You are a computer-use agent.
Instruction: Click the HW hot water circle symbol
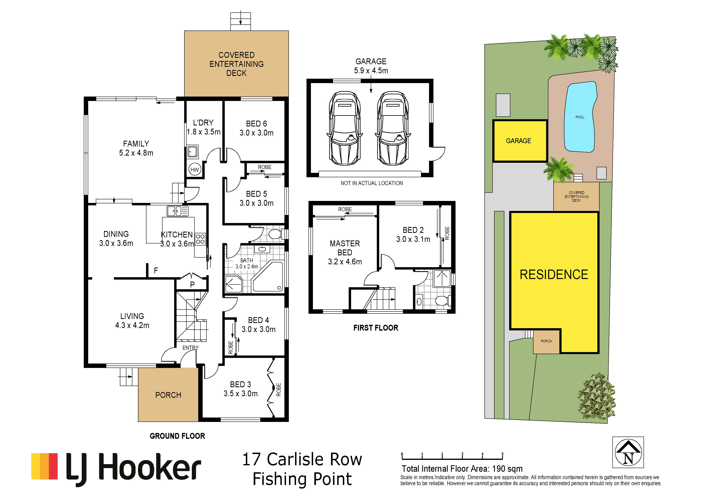pyautogui.click(x=195, y=169)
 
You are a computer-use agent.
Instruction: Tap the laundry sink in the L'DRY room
pyautogui.click(x=193, y=152)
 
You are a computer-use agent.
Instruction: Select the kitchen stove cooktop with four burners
pyautogui.click(x=200, y=239)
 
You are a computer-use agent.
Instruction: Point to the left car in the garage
pyautogui.click(x=344, y=128)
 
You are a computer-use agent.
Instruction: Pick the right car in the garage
pyautogui.click(x=393, y=128)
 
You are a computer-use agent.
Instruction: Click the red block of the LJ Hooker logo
pyautogui.click(x=53, y=466)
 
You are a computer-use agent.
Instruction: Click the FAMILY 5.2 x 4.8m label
pyautogui.click(x=136, y=148)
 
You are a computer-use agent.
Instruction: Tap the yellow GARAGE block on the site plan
pyautogui.click(x=520, y=141)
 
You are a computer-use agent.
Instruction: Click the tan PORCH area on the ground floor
pyautogui.click(x=168, y=395)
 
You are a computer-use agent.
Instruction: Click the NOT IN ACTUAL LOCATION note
pyautogui.click(x=372, y=183)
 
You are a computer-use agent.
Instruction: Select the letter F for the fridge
pyautogui.click(x=156, y=270)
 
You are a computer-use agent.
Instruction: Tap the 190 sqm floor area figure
pyautogui.click(x=507, y=469)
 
